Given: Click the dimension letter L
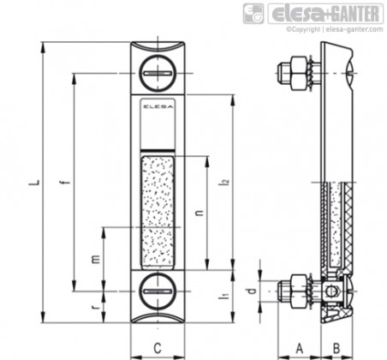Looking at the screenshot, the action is click(34, 183).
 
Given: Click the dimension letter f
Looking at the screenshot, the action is click(66, 183).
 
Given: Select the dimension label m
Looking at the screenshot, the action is click(96, 259).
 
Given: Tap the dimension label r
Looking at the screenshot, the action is click(96, 307).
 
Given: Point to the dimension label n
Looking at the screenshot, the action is click(200, 213).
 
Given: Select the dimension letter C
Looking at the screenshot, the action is click(158, 348).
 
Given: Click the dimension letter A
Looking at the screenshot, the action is click(299, 348).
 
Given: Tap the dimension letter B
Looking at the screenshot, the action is click(336, 348).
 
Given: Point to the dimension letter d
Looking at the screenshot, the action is click(251, 291).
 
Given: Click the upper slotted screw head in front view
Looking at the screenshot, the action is click(158, 74).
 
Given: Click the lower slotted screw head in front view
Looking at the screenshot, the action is click(158, 291).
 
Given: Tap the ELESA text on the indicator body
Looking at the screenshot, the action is click(158, 107).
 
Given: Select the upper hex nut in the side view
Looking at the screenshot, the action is click(300, 73).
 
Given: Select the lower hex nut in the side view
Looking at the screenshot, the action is click(300, 291).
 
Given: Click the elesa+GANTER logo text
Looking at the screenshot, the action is click(325, 14).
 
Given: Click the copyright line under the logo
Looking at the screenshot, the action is click(335, 29).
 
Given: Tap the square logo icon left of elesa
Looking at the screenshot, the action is click(253, 14).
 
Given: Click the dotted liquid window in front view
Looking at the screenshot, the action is click(158, 211).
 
